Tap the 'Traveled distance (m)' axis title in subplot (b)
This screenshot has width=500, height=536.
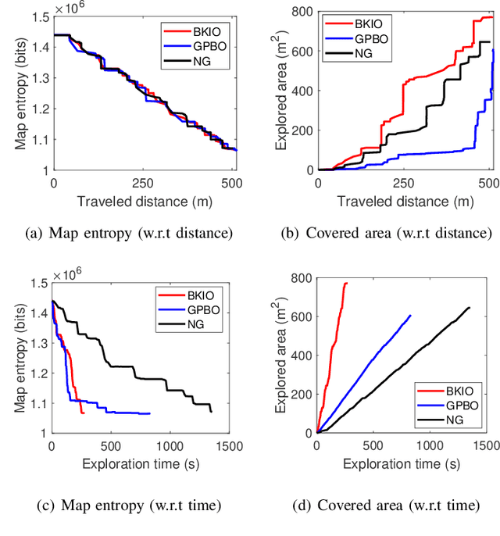pyautogui.click(x=405, y=201)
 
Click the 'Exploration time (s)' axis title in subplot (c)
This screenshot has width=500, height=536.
pyautogui.click(x=139, y=463)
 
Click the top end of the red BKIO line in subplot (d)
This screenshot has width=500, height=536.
pyautogui.click(x=346, y=283)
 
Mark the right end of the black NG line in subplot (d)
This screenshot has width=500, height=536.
pyautogui.click(x=470, y=308)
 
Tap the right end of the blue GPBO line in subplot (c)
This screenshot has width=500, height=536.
pyautogui.click(x=149, y=413)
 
